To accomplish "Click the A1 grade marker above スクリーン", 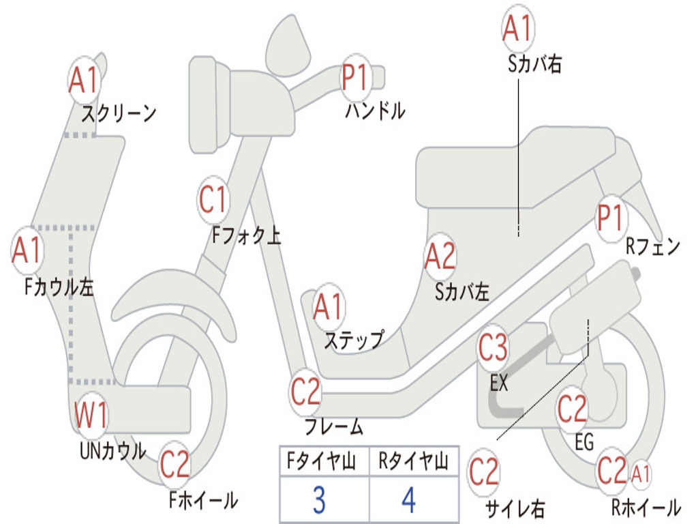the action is pyautogui.click(x=85, y=81).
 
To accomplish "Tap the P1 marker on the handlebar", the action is pyautogui.click(x=354, y=76).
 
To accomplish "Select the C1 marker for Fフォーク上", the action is pyautogui.click(x=213, y=199).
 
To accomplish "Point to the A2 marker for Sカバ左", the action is pyautogui.click(x=440, y=257).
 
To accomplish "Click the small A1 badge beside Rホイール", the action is pyautogui.click(x=641, y=471).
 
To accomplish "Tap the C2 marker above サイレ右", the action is pyautogui.click(x=484, y=472).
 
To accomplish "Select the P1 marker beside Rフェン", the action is pyautogui.click(x=610, y=218).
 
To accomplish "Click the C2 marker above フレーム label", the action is pyautogui.click(x=305, y=391).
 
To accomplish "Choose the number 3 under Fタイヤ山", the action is pyautogui.click(x=318, y=500).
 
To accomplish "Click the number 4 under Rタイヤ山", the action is pyautogui.click(x=408, y=500).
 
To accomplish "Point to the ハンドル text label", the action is pyautogui.click(x=375, y=110).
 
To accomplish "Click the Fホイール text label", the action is pyautogui.click(x=203, y=500).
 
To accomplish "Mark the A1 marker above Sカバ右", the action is pyautogui.click(x=517, y=29).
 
